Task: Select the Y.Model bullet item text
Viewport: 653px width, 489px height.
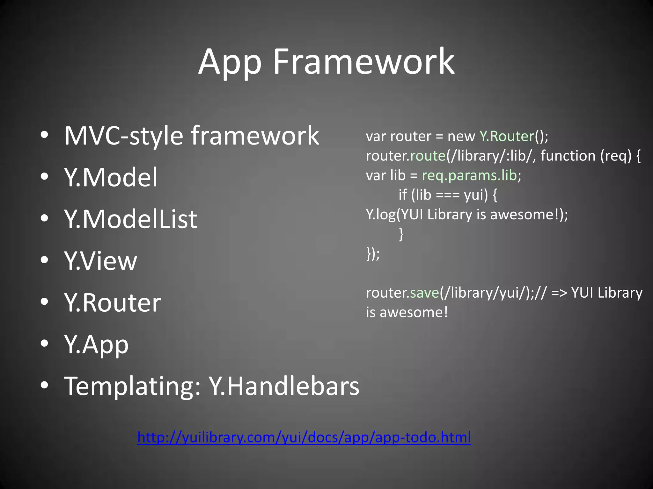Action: coord(111,177)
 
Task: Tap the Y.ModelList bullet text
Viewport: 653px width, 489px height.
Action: coord(130,219)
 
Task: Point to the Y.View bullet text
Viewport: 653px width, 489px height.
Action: coord(100,260)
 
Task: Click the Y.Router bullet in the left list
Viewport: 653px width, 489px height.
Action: coord(112,302)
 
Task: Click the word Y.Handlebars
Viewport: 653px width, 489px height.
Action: coord(284,386)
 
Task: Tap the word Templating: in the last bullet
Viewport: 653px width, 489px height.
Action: coord(132,386)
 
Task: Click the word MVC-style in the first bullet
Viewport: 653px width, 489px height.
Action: coord(124,136)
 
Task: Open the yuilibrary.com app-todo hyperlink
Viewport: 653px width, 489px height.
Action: coord(304,437)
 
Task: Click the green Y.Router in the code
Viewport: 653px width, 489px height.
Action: coord(507,136)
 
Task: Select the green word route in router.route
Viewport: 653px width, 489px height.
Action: coord(428,156)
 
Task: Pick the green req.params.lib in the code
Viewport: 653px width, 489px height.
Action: coord(469,175)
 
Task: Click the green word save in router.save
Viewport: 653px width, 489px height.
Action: coord(424,293)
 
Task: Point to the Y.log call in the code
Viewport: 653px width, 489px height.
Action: coord(381,215)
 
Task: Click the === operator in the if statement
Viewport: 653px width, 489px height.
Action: coord(447,195)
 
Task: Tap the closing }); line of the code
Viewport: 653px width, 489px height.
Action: coord(373,254)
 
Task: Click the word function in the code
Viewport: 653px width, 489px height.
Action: coord(568,156)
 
